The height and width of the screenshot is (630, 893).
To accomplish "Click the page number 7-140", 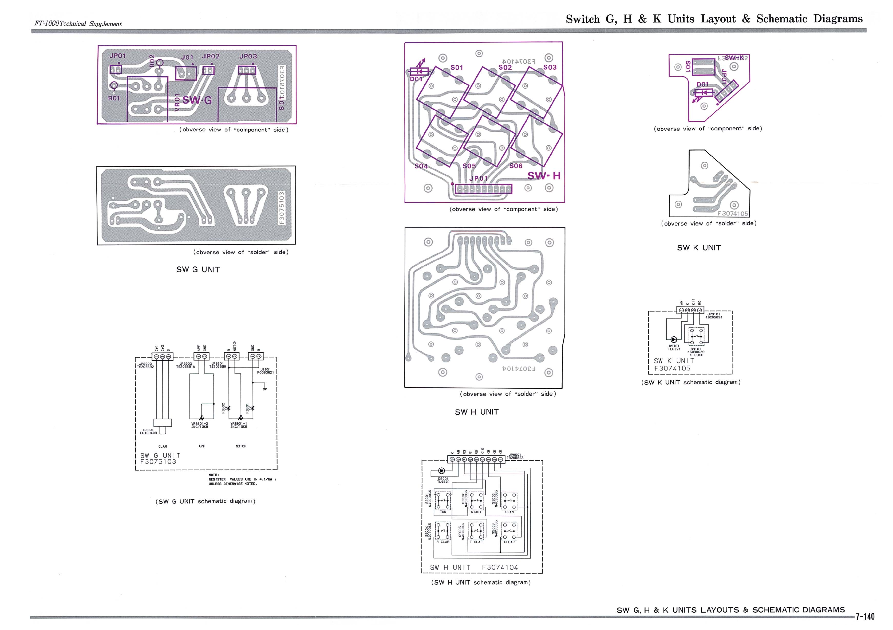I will pyautogui.click(x=865, y=616).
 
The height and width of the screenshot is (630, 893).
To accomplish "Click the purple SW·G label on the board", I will pyautogui.click(x=197, y=100).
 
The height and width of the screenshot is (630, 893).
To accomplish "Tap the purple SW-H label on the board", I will pyautogui.click(x=544, y=176).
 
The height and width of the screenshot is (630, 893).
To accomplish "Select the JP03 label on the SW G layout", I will pyautogui.click(x=248, y=56).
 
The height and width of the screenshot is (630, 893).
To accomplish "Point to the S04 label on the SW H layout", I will pyautogui.click(x=421, y=166).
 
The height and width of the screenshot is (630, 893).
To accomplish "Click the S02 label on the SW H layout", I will pyautogui.click(x=505, y=67).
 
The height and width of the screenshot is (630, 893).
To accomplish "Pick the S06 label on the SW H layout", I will pyautogui.click(x=516, y=166).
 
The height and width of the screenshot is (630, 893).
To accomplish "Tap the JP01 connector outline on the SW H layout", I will pyautogui.click(x=483, y=189).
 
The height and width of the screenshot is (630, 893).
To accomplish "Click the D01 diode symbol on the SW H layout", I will pyautogui.click(x=419, y=72).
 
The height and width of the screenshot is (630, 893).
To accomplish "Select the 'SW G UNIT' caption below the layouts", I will pyautogui.click(x=198, y=270).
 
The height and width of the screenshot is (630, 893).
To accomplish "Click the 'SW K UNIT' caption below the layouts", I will pyautogui.click(x=698, y=248).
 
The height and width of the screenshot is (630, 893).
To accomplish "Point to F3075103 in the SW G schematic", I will pyautogui.click(x=158, y=462).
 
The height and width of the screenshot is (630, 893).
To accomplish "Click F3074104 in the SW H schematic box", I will pyautogui.click(x=500, y=567).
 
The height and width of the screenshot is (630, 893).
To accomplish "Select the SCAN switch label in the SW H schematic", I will pyautogui.click(x=509, y=512).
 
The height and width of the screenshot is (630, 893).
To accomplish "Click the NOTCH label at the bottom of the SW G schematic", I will pyautogui.click(x=241, y=446).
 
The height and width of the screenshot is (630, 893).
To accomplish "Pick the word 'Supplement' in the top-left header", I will pyautogui.click(x=105, y=24).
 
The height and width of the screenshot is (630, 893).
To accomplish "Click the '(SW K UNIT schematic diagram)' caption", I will pyautogui.click(x=691, y=382).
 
